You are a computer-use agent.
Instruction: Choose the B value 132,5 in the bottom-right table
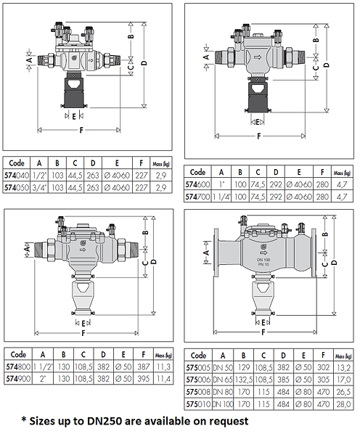pos(245,380)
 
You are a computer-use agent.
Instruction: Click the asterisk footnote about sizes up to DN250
pos(135,420)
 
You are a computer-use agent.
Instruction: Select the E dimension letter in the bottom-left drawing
pos(84,322)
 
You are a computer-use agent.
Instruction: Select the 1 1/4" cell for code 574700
pos(223,196)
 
